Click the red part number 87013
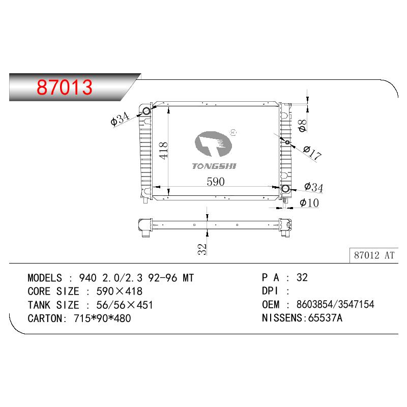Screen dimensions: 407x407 coord(65,87)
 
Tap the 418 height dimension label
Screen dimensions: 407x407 coord(163,151)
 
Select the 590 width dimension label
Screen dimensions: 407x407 coord(216,182)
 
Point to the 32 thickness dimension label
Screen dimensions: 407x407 coord(202,249)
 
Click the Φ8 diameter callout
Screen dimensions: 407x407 coord(302,126)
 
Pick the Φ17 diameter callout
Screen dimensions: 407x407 coord(312,153)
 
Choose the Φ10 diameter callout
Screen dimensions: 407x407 coord(309,202)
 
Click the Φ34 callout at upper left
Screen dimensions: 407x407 coord(120,119)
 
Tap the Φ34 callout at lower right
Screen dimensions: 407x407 coord(313,187)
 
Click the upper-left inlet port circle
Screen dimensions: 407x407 coord(147,111)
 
